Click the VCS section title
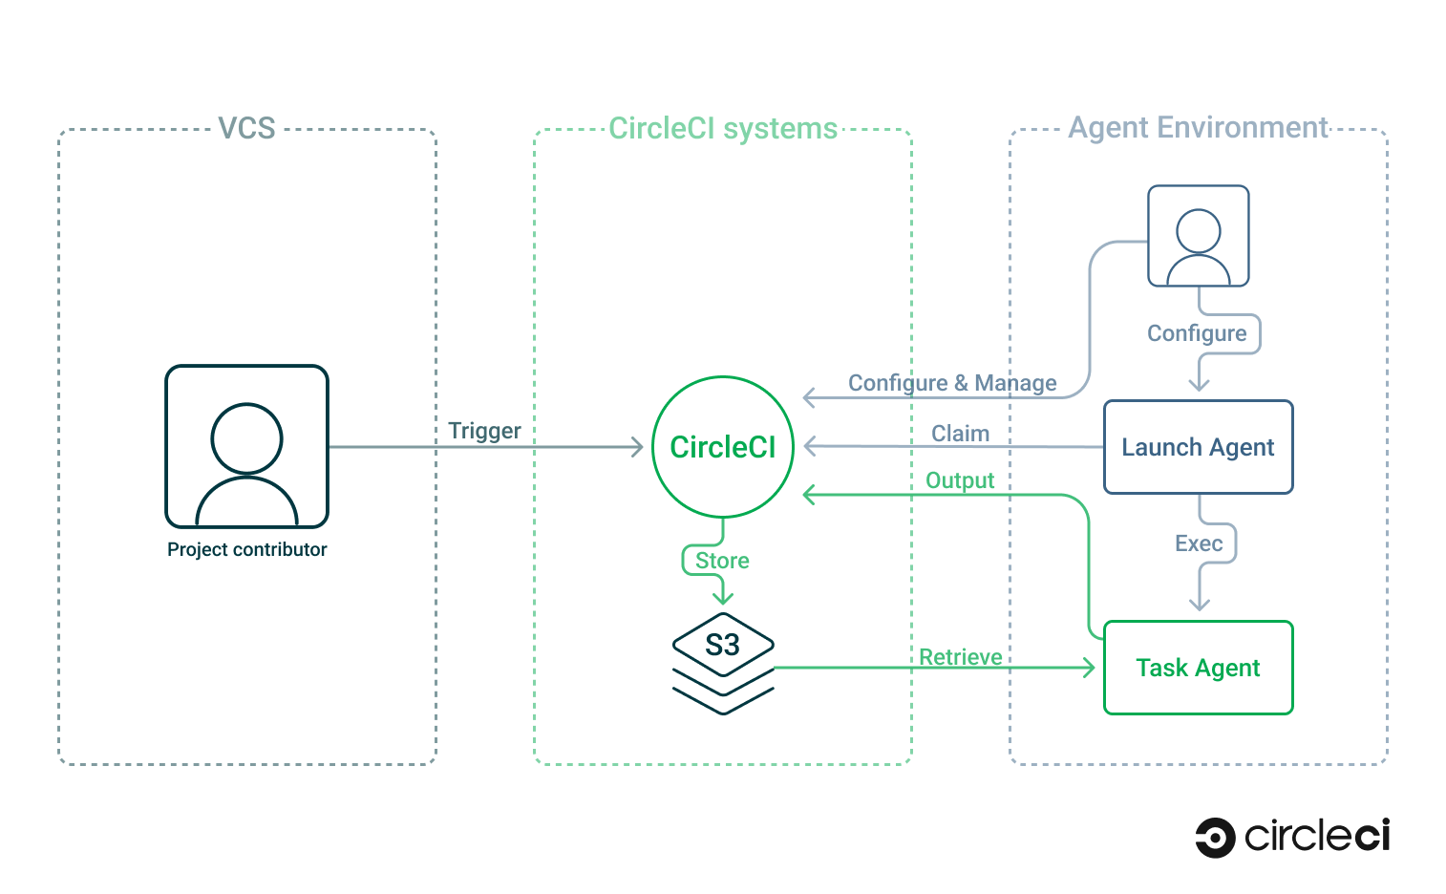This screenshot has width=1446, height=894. click(246, 128)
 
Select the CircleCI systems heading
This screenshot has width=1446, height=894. click(722, 128)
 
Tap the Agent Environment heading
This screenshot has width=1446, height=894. click(1198, 128)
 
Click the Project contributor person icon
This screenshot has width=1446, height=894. click(246, 446)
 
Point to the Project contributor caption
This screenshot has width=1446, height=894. click(246, 549)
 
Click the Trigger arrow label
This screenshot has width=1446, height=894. click(484, 431)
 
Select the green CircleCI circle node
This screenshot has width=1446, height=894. click(722, 447)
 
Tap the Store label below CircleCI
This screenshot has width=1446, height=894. click(722, 561)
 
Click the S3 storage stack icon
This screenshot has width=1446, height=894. click(723, 663)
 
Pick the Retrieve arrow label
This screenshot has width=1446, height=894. click(960, 657)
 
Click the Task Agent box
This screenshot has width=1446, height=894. click(1198, 668)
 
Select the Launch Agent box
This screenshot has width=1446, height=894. click(1198, 447)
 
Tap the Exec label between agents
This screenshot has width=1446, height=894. click(1199, 543)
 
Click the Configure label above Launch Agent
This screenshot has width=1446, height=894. click(1197, 333)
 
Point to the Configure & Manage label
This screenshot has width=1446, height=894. click(952, 383)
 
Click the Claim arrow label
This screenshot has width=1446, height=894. click(960, 434)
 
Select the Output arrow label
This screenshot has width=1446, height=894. click(960, 480)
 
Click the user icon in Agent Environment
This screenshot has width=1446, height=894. click(1198, 236)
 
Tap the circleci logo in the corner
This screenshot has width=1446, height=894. click(1292, 838)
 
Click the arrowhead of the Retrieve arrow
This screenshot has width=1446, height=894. click(1089, 668)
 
